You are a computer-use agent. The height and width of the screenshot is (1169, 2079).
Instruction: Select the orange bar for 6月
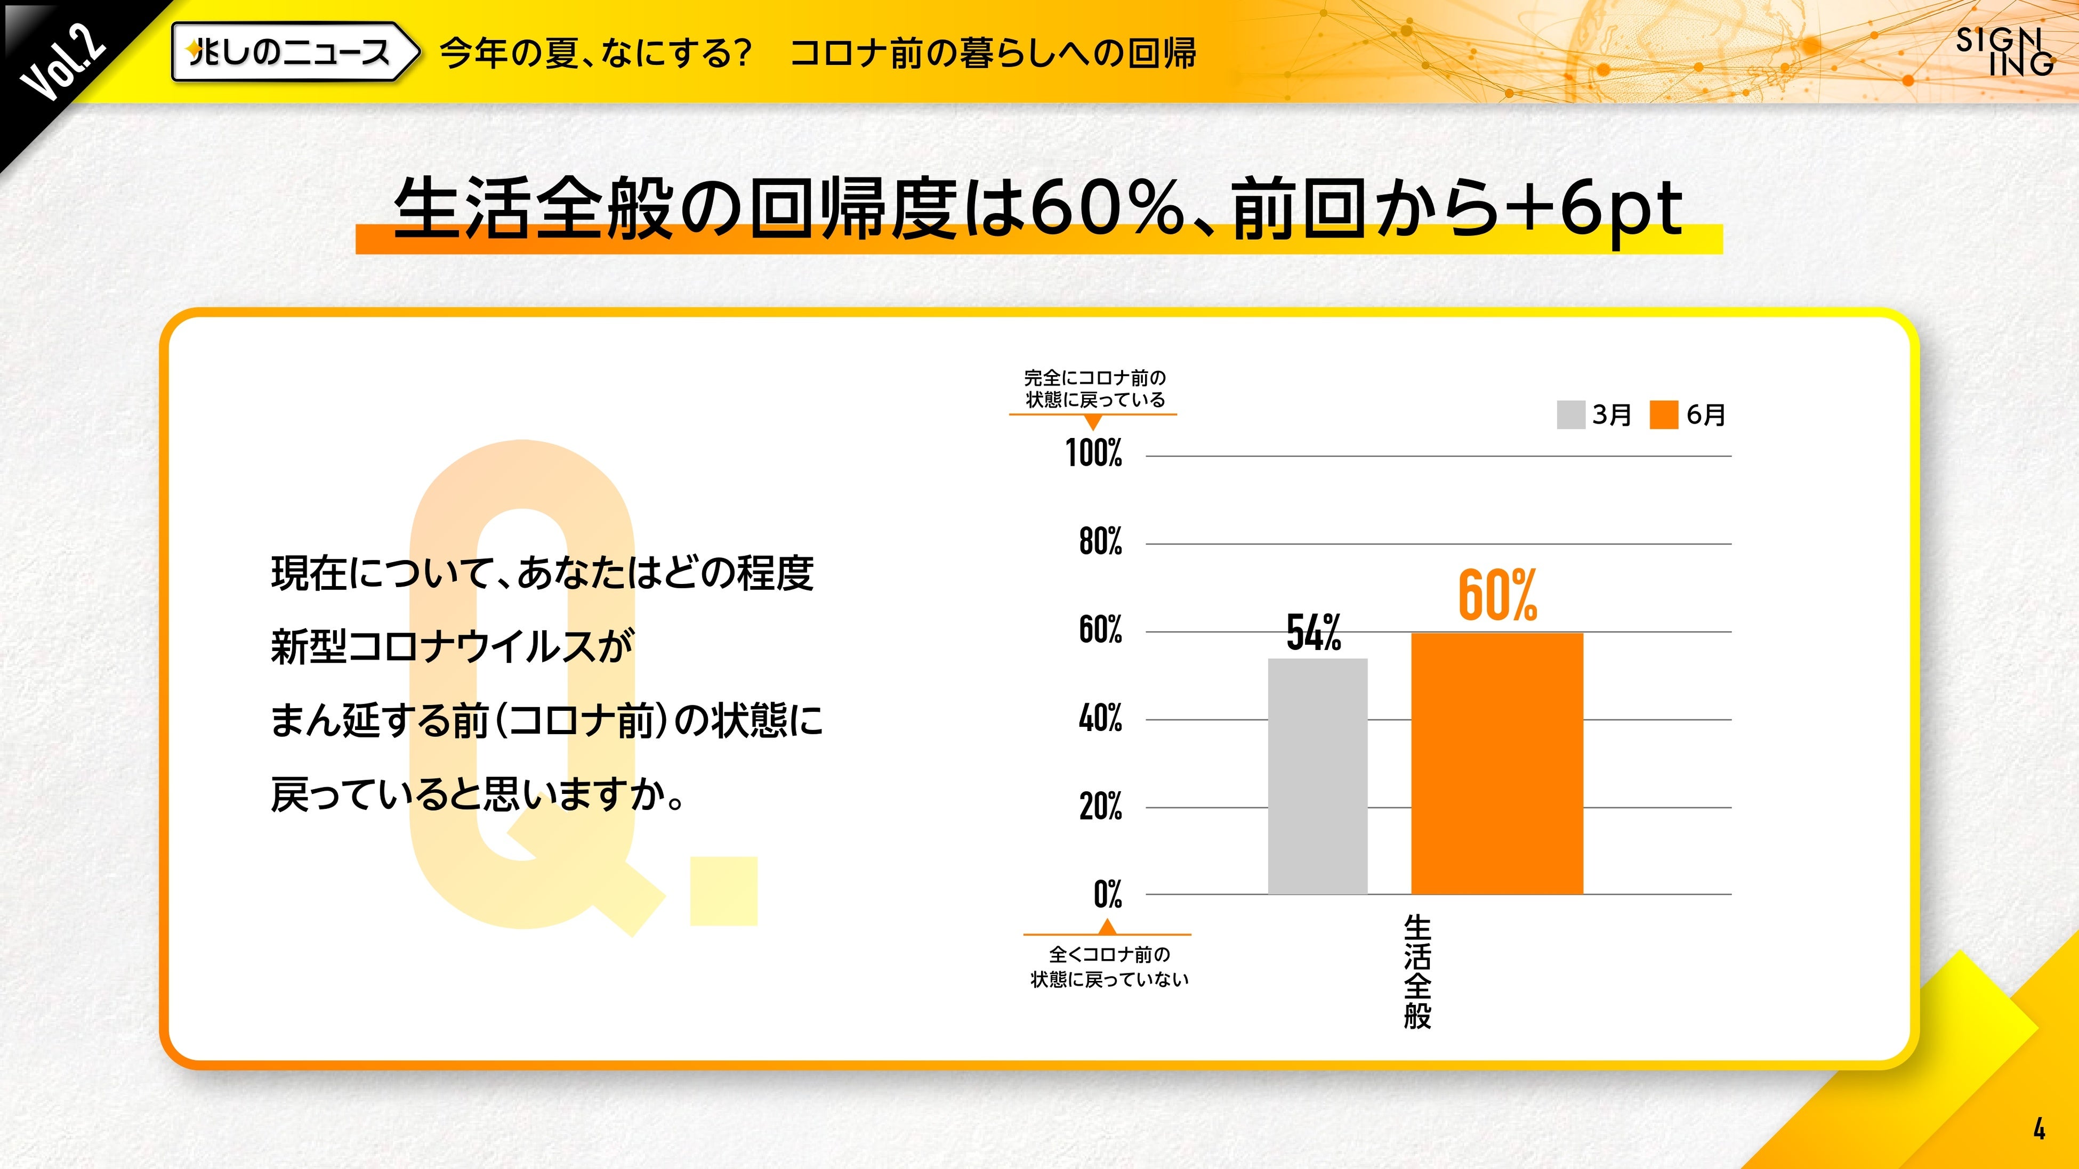[1496, 763]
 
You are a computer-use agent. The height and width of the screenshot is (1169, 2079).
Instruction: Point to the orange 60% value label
[1497, 595]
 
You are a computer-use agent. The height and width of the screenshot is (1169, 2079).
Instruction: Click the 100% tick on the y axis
[1093, 453]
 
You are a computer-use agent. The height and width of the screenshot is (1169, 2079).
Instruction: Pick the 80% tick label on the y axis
[1100, 541]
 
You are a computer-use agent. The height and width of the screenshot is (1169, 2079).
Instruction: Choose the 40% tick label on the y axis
[1100, 717]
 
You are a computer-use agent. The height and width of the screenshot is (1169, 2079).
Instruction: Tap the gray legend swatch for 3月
[1570, 415]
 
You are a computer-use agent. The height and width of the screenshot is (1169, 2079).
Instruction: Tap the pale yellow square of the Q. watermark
[724, 891]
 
